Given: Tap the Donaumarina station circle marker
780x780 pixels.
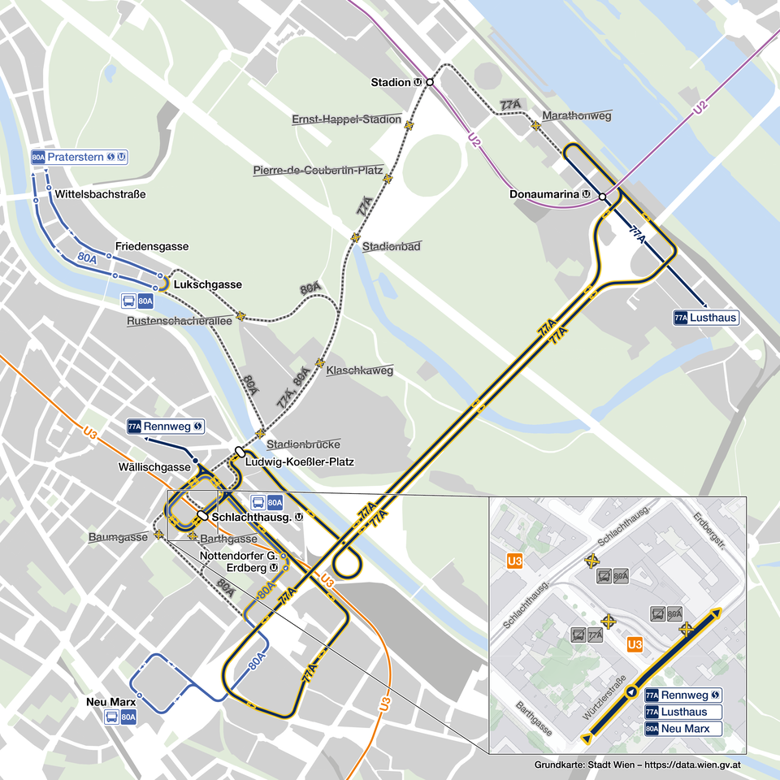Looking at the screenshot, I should pos(602,197).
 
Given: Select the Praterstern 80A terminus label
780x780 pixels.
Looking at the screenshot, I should pos(80,157).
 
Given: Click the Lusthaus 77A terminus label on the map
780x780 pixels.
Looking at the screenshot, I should pos(706,318).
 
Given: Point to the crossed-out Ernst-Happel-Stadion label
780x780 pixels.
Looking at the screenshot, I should pos(346,119).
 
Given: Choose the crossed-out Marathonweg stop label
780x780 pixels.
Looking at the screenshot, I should pos(576,116).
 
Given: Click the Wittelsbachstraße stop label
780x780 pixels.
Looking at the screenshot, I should pos(100,195).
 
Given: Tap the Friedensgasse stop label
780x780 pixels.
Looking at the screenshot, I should pos(152,246).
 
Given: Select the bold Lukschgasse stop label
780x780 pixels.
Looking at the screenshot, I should pos(208,284).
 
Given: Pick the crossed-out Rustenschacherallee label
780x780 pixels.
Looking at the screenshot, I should pos(179,321).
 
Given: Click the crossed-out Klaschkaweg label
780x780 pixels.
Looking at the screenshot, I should pos(359,370).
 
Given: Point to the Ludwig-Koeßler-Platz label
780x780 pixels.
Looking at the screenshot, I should pos(300,462).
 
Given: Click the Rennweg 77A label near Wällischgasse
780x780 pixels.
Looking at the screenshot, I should pos(165,426).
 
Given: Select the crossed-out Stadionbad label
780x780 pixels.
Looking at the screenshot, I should pos(392,246).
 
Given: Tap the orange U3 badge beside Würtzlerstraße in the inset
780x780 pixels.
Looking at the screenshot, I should pos(635,644).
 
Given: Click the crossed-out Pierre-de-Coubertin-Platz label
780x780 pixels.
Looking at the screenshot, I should pos(318,171).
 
